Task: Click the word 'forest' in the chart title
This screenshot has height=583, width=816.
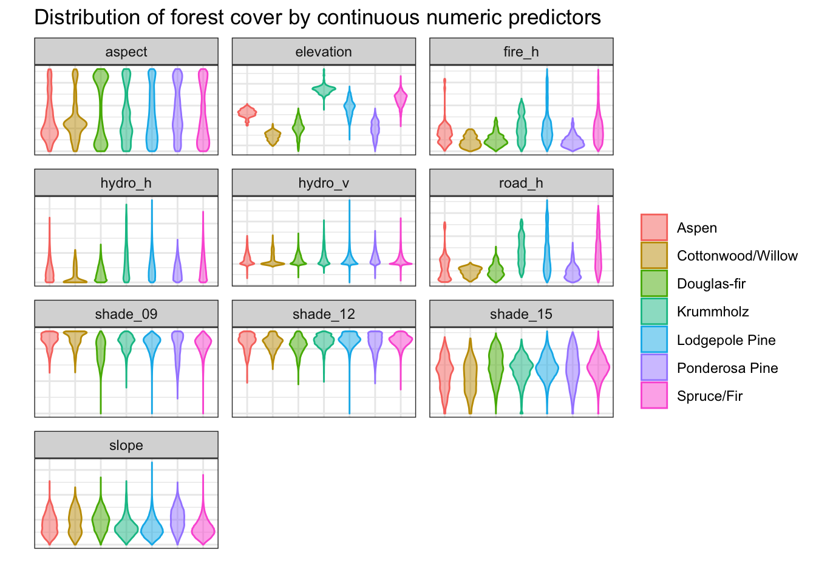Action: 197,17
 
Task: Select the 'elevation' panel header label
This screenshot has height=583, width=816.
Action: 324,52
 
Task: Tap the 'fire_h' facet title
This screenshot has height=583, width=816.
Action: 521,52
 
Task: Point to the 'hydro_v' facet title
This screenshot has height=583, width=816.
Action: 324,183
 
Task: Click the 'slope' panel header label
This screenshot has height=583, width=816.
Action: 126,445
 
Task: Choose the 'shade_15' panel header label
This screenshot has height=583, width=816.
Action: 521,314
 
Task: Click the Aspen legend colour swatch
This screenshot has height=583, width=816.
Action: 654,227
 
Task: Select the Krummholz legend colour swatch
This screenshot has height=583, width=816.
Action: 654,312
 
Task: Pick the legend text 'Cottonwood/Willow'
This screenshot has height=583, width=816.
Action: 737,256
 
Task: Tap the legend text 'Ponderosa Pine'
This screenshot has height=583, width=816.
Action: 727,368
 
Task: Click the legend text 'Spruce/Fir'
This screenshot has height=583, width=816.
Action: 710,396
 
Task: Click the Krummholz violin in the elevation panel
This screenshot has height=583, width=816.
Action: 324,89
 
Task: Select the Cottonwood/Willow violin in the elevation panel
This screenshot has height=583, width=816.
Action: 273,135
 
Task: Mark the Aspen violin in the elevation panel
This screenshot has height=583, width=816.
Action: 247,114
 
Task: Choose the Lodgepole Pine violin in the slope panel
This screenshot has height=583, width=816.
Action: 152,525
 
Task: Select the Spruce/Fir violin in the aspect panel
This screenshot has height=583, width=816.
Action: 203,109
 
